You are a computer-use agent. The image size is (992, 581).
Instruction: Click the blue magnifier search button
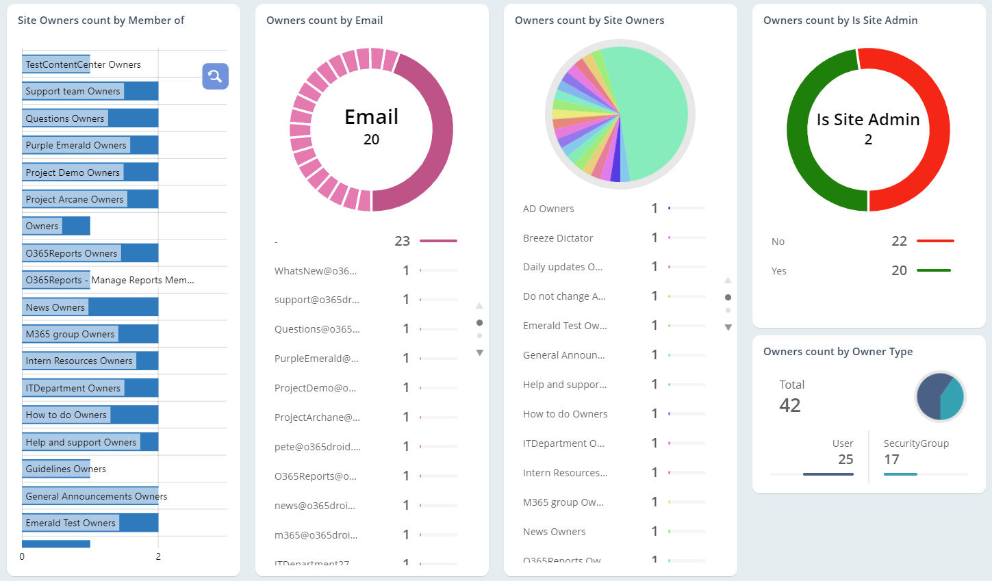(215, 76)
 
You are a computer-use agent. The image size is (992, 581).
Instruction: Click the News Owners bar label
(55, 307)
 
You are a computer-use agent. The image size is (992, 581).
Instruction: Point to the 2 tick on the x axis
(158, 556)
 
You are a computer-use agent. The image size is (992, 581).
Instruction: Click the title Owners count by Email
(325, 21)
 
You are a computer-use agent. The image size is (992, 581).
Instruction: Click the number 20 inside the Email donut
(371, 140)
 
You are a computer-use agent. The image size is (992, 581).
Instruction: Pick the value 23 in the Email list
(402, 241)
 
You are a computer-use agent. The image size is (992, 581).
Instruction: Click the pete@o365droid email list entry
(317, 447)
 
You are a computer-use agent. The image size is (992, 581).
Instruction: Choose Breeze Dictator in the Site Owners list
(558, 238)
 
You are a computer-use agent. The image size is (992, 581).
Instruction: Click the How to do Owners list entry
(565, 414)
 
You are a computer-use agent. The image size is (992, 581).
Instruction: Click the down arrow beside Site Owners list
(728, 328)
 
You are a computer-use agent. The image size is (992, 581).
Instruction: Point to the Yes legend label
(778, 271)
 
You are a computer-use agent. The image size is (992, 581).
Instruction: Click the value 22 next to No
(899, 241)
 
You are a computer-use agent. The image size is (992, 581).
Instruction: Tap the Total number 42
(789, 405)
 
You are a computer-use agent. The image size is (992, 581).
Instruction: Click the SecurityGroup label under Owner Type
(916, 443)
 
